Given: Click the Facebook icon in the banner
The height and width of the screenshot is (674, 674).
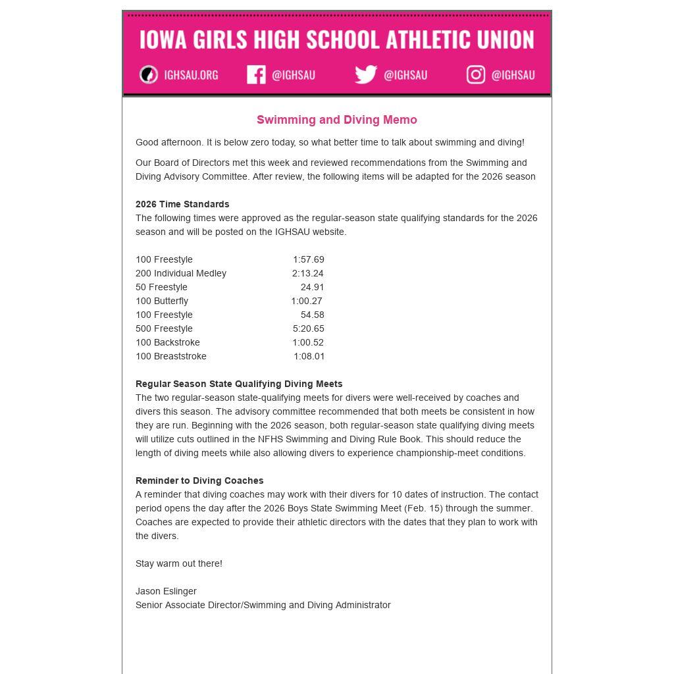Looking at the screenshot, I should tap(256, 74).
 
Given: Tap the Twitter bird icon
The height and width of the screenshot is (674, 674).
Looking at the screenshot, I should tap(366, 74).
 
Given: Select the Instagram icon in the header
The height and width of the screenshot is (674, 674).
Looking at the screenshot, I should tap(476, 74).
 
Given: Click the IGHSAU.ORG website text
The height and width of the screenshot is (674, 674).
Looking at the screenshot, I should tap(191, 75).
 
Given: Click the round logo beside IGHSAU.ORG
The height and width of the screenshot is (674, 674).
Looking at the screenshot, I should tap(149, 74).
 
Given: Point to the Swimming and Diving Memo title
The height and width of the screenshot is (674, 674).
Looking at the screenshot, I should tap(336, 120).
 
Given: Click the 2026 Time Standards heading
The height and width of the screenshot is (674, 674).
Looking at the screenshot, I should tap(182, 204).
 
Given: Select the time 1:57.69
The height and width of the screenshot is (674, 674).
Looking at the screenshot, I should tap(308, 259).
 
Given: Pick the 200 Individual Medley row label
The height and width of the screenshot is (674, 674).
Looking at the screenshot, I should tap(181, 273).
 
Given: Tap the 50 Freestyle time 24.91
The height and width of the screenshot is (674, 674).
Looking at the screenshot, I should tap(312, 287).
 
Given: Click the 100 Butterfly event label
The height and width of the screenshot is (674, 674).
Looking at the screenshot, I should tap(162, 301).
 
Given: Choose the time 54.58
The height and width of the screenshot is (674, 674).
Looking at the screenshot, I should tap(312, 315).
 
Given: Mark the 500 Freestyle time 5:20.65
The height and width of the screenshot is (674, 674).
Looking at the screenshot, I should tap(308, 328).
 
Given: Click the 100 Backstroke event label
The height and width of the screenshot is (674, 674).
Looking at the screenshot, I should tap(168, 342).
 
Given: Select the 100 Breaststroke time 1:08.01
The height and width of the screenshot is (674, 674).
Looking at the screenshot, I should tap(309, 356).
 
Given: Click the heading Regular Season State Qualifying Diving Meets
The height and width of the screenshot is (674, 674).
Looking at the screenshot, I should tap(239, 384).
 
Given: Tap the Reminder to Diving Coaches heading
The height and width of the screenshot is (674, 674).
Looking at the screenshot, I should tap(199, 480).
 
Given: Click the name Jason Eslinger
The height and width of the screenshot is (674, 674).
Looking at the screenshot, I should tap(166, 591).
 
